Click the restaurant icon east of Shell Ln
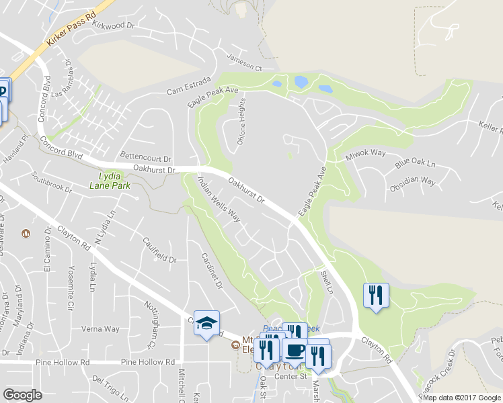coord(375,295)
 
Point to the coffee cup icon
coord(295,350)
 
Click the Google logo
coord(22,395)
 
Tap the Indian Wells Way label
coord(219,198)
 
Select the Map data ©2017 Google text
coord(461,397)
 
